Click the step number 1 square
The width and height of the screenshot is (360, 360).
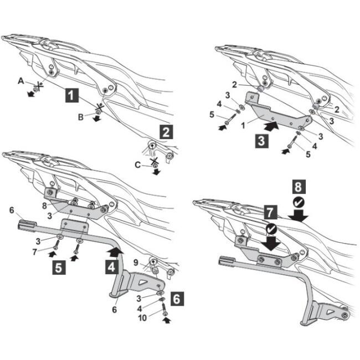pos(71,95)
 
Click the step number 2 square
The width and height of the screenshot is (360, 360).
pos(166,132)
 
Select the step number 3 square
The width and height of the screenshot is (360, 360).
pos(261,141)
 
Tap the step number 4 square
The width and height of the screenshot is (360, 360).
pos(111,268)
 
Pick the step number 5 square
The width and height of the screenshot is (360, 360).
pos(59,268)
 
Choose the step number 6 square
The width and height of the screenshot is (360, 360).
pos(177,299)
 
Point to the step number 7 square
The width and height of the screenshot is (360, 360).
pos(270,212)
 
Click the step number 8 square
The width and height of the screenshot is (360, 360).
pos(299,186)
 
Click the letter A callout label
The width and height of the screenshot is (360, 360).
pos(21,81)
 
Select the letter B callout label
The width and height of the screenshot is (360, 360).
pos(81,117)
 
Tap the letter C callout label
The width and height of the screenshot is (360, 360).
pos(137,165)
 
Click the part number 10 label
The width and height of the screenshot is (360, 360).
pos(142,318)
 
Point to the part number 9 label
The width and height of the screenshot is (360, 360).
pos(136,263)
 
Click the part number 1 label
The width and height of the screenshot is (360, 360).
pos(243,125)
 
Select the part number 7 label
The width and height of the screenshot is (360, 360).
pos(35,252)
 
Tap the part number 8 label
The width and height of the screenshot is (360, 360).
pos(44,205)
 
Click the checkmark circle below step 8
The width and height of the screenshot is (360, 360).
pos(299,203)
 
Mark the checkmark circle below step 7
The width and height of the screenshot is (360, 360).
pos(271,229)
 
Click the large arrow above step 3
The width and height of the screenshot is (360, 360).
pos(271,126)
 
